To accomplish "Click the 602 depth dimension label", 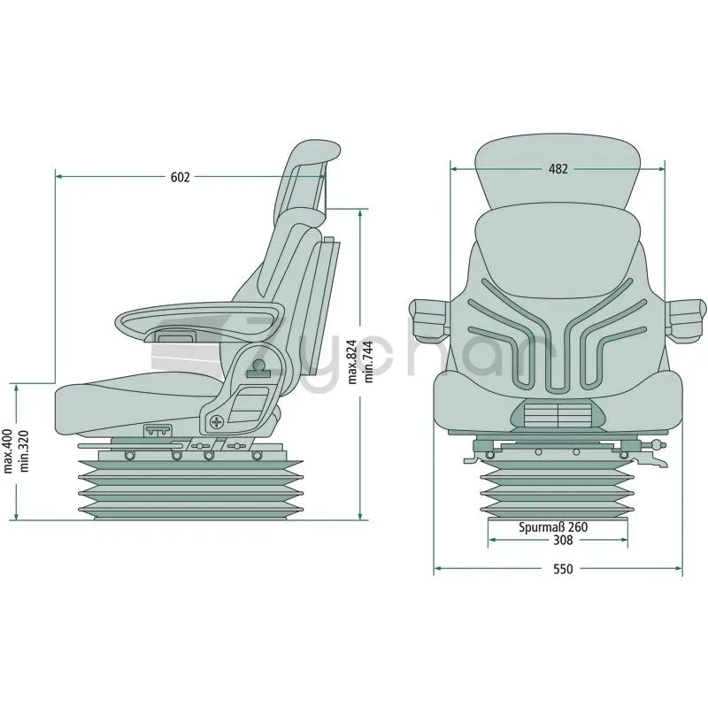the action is click(x=181, y=178).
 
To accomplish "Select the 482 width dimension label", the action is click(x=558, y=169).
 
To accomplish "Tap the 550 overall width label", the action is click(x=563, y=569).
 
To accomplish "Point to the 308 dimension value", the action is click(x=563, y=540).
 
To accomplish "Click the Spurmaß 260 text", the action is click(x=553, y=527).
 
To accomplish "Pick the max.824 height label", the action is click(x=352, y=361).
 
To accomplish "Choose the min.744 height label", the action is click(x=368, y=362).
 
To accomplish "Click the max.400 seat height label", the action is click(x=8, y=450).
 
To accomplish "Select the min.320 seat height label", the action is click(x=24, y=451).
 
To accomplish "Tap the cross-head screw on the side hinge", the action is click(x=217, y=422).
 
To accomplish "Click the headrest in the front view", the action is click(x=558, y=172).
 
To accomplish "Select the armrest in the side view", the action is click(x=200, y=319).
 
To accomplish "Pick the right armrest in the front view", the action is click(x=686, y=319).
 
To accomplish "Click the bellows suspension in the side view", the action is click(x=190, y=489).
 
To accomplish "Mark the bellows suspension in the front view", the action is click(x=558, y=489).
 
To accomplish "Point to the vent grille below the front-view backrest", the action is click(x=558, y=415).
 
